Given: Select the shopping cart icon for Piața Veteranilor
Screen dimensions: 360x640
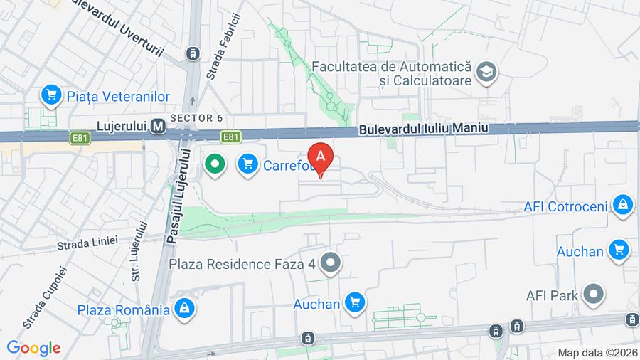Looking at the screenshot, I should click(50, 95).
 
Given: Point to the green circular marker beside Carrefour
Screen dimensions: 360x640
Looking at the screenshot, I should click(214, 165).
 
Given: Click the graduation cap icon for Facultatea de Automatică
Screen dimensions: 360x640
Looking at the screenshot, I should click(487, 72).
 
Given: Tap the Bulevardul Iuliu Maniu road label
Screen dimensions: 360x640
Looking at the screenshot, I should click(425, 129).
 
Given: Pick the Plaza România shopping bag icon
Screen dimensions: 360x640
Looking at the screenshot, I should click(185, 309).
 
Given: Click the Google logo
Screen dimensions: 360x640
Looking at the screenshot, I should click(33, 348).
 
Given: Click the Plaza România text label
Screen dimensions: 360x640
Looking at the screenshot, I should click(123, 309).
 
